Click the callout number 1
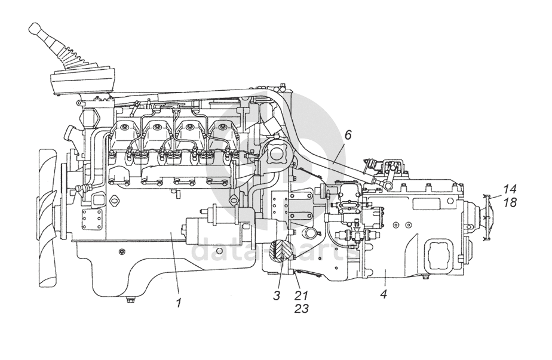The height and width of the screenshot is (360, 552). coord(179,301)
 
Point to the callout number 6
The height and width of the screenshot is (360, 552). coord(348,136)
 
